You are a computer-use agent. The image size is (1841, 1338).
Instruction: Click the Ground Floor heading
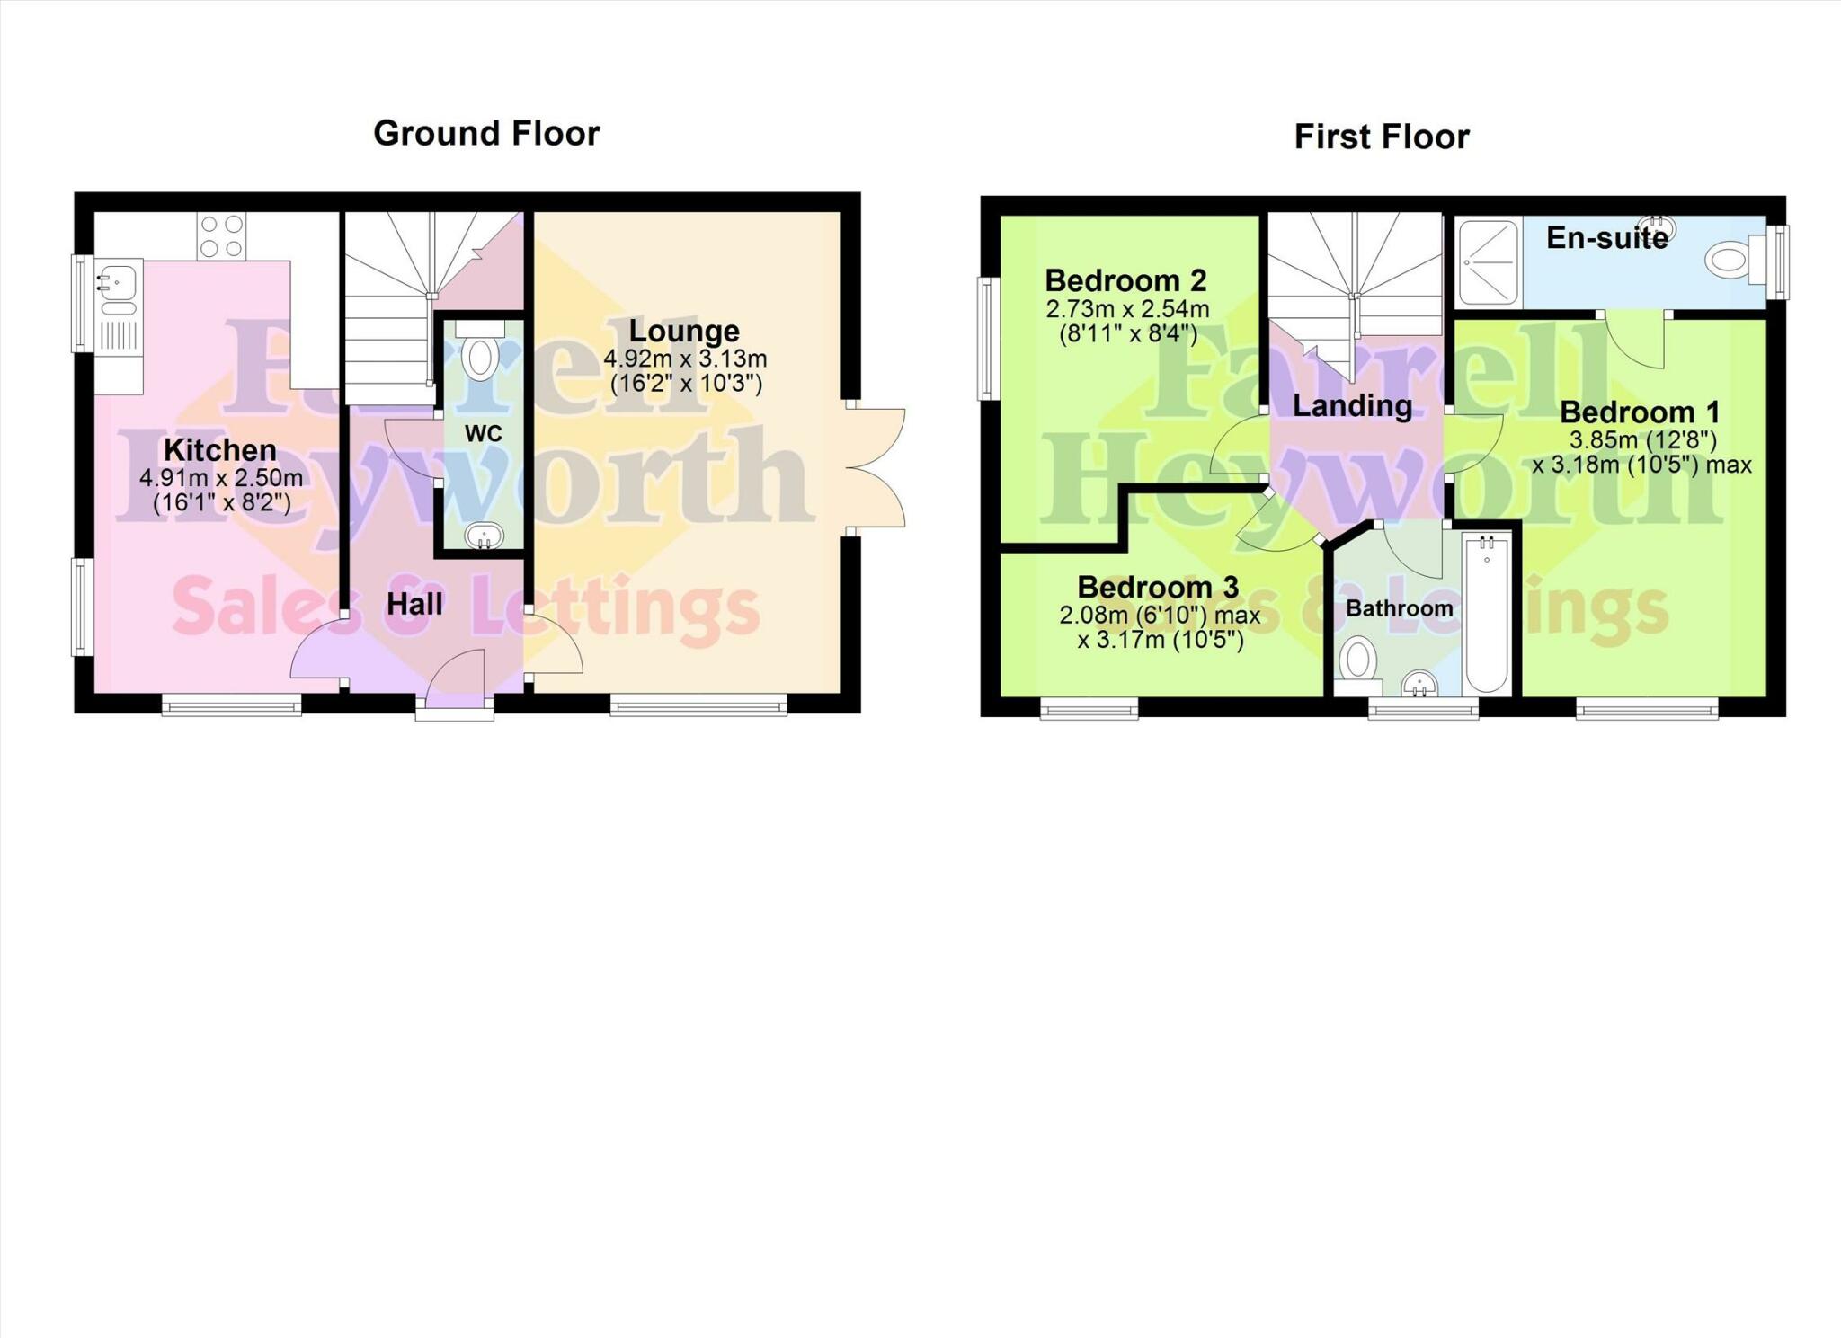[x=486, y=134]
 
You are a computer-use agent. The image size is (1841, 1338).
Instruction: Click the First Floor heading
[x=1381, y=137]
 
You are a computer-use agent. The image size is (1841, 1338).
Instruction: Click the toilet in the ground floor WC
[x=481, y=354]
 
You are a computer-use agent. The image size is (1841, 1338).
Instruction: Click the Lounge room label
[x=684, y=331]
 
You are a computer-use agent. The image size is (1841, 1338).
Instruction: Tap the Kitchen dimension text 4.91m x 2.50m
[x=220, y=478]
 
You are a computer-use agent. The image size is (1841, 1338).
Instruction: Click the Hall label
[x=414, y=604]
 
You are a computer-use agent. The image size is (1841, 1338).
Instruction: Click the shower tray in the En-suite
[x=1488, y=261]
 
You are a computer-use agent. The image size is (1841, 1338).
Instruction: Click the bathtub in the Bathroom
[x=1488, y=615]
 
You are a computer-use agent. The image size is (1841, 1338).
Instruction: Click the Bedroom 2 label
[x=1125, y=280]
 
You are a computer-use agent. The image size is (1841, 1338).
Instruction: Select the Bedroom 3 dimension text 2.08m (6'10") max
[x=1160, y=616]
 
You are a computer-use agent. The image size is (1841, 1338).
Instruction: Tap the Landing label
[x=1352, y=406]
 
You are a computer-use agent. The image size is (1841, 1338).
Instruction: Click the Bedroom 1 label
[x=1640, y=412]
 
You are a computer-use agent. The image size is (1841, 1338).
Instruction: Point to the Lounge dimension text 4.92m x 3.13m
[x=685, y=359]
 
